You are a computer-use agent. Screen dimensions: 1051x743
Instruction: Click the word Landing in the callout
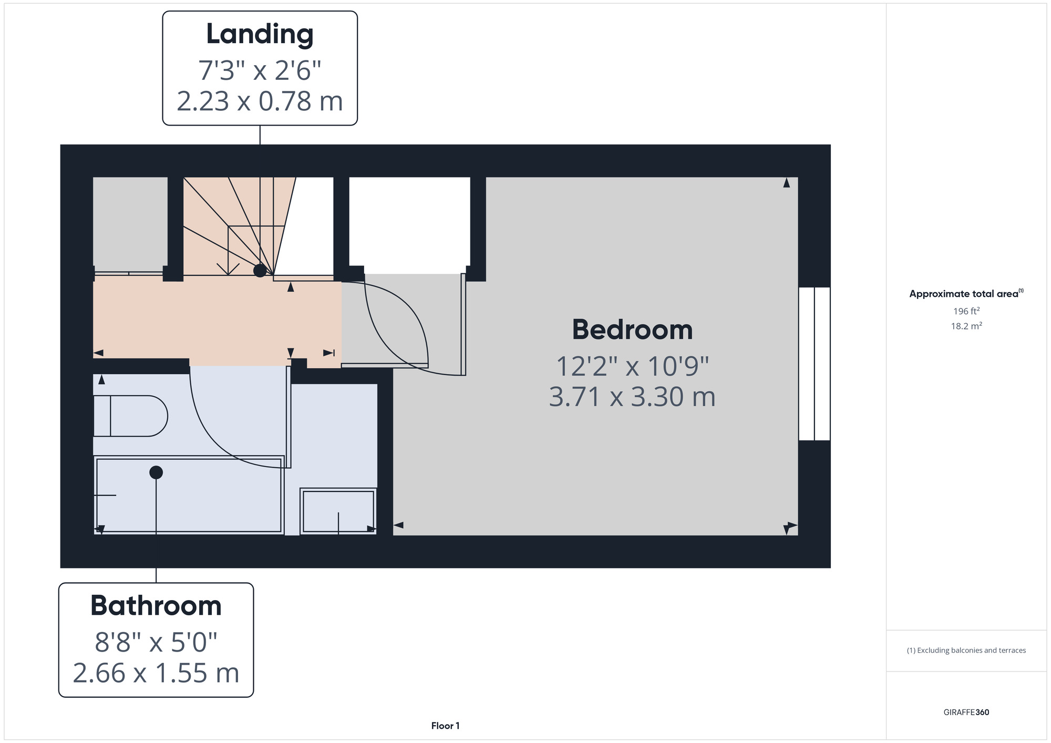[260, 35]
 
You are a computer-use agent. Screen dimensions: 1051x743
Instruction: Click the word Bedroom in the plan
[632, 330]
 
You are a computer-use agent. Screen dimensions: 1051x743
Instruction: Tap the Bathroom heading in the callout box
[156, 606]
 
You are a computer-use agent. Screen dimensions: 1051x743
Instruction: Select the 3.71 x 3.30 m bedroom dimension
[632, 397]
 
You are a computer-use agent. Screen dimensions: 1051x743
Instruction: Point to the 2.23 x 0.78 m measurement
[260, 101]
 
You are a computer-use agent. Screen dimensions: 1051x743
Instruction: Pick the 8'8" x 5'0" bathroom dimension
[156, 642]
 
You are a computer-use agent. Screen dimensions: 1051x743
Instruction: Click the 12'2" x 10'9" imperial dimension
[632, 366]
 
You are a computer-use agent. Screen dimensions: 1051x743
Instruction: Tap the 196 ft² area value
[966, 311]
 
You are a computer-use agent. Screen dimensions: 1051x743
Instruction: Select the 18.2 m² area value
[966, 326]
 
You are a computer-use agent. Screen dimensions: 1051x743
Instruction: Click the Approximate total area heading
[966, 294]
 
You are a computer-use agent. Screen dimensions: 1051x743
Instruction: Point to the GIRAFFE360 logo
[966, 713]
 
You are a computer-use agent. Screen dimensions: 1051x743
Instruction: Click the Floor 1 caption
[445, 726]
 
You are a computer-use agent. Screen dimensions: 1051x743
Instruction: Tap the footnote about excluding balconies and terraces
[966, 651]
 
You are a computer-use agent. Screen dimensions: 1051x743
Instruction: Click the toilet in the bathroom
[130, 416]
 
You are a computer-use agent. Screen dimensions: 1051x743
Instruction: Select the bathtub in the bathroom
[189, 495]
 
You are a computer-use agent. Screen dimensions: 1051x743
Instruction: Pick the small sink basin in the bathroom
[338, 511]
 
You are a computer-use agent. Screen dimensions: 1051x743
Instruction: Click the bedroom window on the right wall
[814, 364]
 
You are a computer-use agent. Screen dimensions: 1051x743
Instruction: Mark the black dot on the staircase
[260, 271]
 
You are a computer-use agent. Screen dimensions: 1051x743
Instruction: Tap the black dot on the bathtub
[156, 472]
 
